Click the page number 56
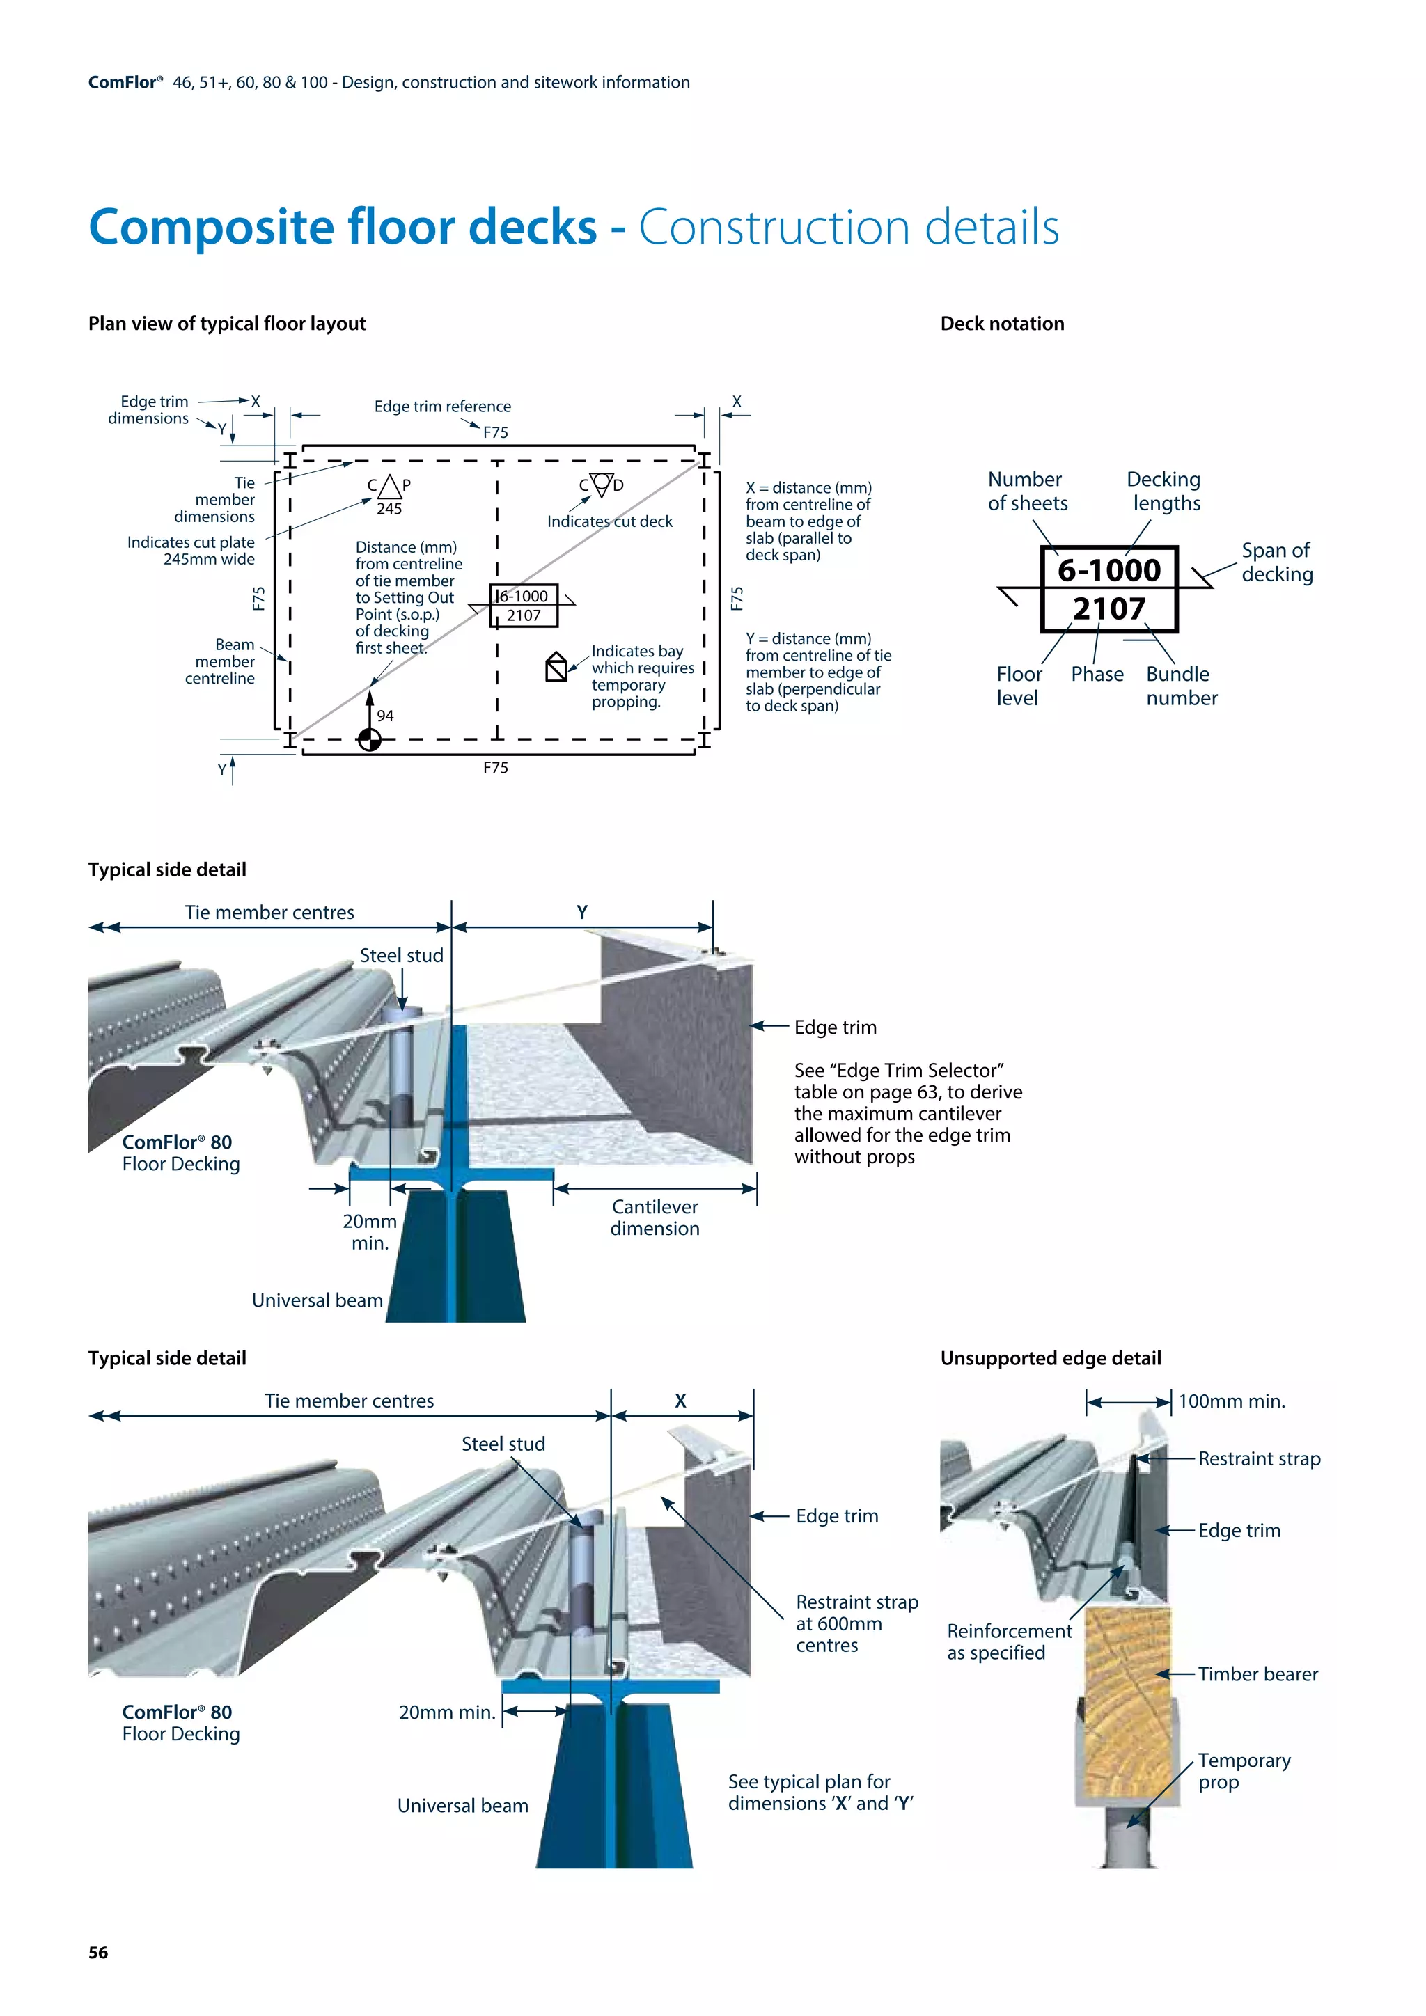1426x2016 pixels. pyautogui.click(x=98, y=1951)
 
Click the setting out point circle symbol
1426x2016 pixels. pyautogui.click(x=370, y=740)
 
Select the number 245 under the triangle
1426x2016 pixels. pyautogui.click(x=389, y=508)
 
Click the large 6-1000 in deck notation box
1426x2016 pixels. pyautogui.click(x=1109, y=570)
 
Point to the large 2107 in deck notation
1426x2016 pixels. pyautogui.click(x=1109, y=608)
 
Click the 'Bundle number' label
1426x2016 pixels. pyautogui.click(x=1181, y=686)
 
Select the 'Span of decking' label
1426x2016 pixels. pyautogui.click(x=1277, y=562)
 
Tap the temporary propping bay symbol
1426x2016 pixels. pyautogui.click(x=556, y=668)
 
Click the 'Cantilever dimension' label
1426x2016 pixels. pyautogui.click(x=655, y=1217)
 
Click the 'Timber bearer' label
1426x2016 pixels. pyautogui.click(x=1257, y=1674)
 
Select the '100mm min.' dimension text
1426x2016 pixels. pyautogui.click(x=1231, y=1401)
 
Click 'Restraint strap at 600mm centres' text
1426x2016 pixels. pyautogui.click(x=856, y=1623)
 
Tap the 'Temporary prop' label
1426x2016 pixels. pyautogui.click(x=1244, y=1771)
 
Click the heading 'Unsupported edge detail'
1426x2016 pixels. pyautogui.click(x=1050, y=1358)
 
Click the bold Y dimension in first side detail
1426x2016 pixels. pyautogui.click(x=582, y=913)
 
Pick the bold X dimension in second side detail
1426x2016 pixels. pyautogui.click(x=680, y=1401)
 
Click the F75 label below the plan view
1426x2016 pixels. pyautogui.click(x=495, y=767)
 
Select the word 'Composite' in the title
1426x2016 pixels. pyautogui.click(x=211, y=228)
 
